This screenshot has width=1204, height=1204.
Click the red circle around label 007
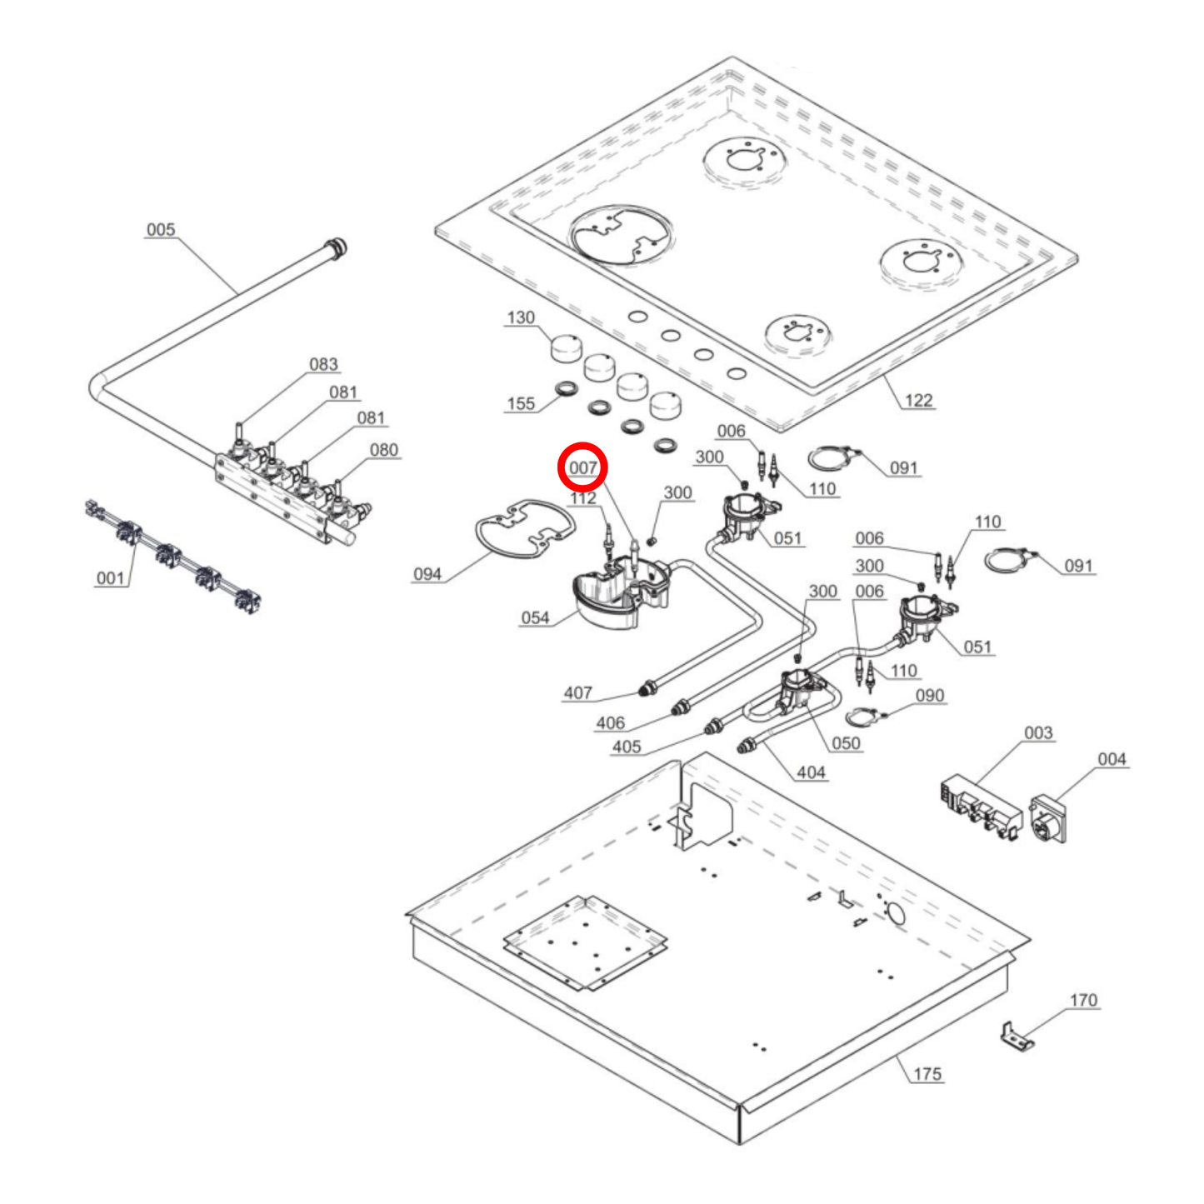click(582, 467)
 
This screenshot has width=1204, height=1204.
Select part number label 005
click(161, 230)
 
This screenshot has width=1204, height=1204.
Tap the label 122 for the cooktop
click(918, 401)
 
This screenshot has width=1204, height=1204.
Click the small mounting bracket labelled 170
click(1017, 1037)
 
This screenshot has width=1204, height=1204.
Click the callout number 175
click(927, 1074)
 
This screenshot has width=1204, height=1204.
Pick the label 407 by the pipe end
click(577, 693)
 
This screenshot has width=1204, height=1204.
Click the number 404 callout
click(811, 772)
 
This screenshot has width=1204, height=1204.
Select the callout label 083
click(323, 365)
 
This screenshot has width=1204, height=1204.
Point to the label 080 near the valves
click(383, 450)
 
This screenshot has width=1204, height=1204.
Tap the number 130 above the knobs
click(521, 318)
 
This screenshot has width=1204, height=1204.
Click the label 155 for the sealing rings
click(521, 404)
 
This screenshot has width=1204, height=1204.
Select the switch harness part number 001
click(110, 578)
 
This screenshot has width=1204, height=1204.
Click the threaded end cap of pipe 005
click(337, 247)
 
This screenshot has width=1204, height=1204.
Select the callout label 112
click(583, 498)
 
